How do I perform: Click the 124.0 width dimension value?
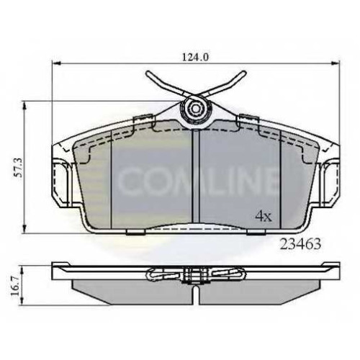(x=195, y=57)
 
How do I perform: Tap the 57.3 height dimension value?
(x=19, y=167)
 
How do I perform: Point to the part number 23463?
(x=300, y=244)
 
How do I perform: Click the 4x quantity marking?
(x=264, y=217)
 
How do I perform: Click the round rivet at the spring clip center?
(x=196, y=109)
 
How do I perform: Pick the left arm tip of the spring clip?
(x=148, y=73)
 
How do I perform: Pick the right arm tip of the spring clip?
(x=244, y=73)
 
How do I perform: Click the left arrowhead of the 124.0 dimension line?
(x=55, y=63)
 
